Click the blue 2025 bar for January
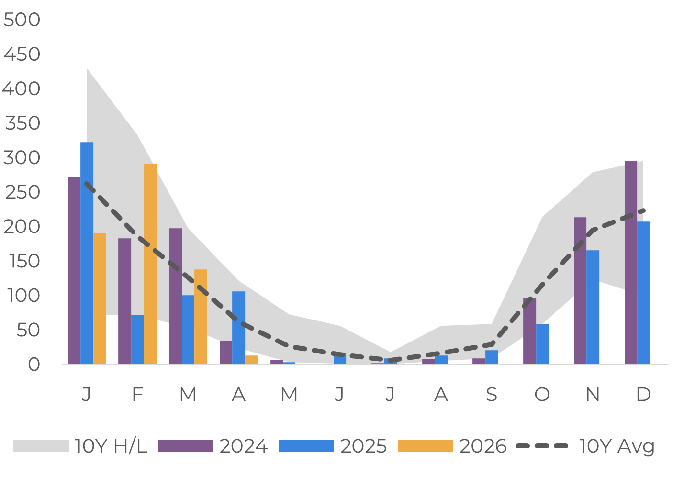[87, 253]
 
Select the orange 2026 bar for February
[150, 264]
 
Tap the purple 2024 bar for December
[631, 263]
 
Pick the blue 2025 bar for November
[593, 307]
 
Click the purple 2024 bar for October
[530, 331]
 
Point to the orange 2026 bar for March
[201, 317]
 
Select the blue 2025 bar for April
[239, 328]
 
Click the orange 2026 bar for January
[100, 298]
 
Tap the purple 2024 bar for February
[125, 301]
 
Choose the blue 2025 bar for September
[492, 357]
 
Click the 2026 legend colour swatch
[426, 446]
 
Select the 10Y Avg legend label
[617, 446]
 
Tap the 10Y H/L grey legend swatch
[41, 446]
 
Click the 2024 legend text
[244, 446]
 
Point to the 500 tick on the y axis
[22, 20]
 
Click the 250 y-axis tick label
[22, 192]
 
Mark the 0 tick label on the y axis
[34, 364]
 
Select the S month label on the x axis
[492, 394]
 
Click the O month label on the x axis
[542, 394]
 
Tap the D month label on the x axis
[643, 394]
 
